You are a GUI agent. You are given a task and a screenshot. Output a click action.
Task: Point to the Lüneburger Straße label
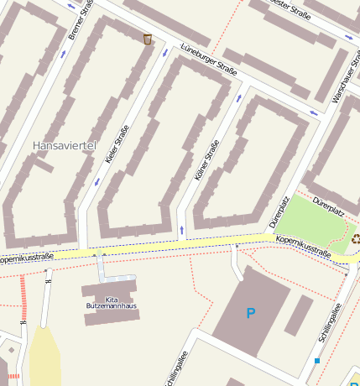209,60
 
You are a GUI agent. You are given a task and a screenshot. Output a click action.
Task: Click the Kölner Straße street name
206,161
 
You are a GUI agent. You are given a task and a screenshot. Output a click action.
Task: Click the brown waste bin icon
148,39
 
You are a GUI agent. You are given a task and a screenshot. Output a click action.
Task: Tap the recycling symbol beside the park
356,238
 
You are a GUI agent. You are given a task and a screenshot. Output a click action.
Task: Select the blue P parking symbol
250,314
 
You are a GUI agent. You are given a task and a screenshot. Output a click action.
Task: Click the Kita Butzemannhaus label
112,303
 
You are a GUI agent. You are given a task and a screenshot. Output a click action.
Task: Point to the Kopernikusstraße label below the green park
303,246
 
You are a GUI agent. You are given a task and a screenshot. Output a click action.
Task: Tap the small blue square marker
317,361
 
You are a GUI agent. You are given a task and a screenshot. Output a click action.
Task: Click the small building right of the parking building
298,315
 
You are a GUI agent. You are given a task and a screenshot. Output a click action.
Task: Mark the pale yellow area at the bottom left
44,357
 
